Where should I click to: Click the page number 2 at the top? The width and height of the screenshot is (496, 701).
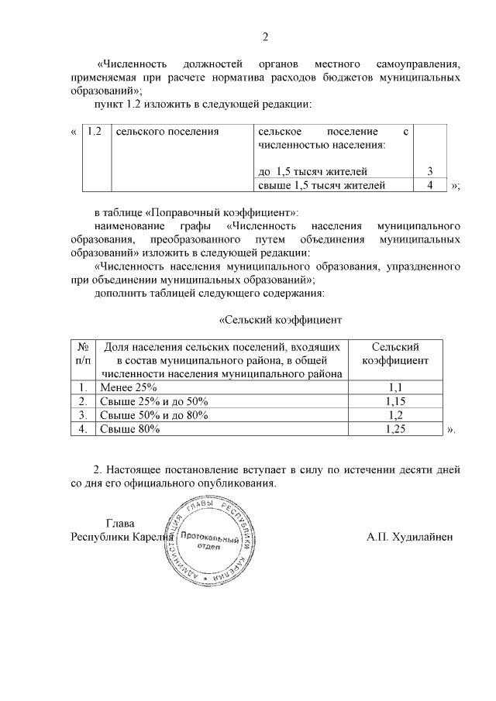pyautogui.click(x=265, y=36)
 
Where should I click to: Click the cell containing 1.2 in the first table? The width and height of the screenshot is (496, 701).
pyautogui.click(x=95, y=132)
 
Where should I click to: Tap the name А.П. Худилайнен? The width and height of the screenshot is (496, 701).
pyautogui.click(x=410, y=537)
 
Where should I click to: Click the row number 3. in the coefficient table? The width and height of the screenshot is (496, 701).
pyautogui.click(x=83, y=415)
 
